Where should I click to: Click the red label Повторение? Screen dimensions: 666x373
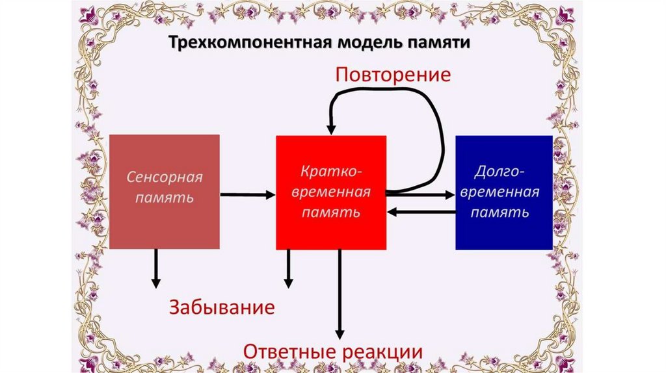[392, 74]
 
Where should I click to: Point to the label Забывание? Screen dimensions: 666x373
[222, 307]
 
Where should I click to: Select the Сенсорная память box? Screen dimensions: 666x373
[164, 192]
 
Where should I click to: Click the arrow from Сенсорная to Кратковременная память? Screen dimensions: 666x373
[247, 194]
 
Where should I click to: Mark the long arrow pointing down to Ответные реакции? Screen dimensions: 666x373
[339, 292]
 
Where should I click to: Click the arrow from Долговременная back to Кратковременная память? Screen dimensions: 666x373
[421, 211]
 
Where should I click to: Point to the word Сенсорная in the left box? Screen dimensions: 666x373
[165, 177]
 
